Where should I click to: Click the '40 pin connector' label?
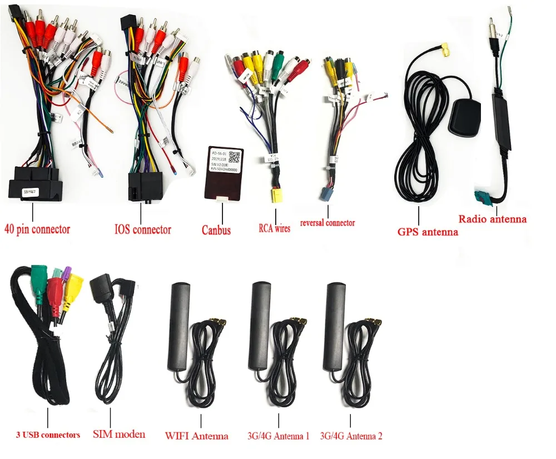point(37,228)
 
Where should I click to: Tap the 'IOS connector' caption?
point(143,229)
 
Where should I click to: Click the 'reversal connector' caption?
point(327,223)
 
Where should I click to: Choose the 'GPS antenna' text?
point(428,232)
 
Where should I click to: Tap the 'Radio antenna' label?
point(493,218)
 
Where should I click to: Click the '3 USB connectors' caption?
point(48,435)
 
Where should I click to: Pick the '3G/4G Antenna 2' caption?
point(351,436)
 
